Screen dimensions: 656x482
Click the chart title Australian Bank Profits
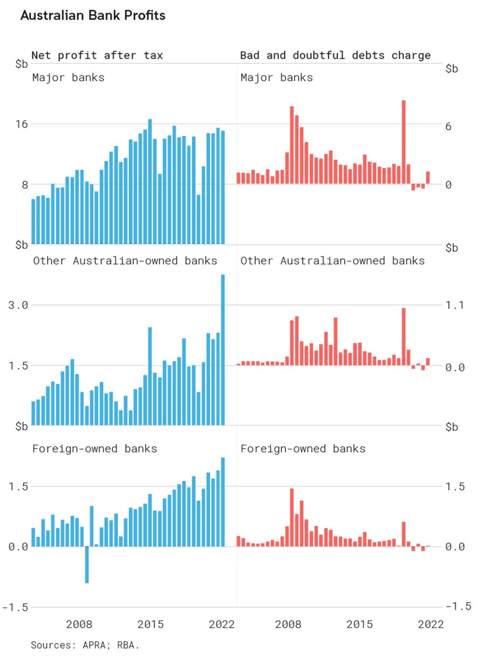(93, 15)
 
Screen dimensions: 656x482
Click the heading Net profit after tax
(97, 55)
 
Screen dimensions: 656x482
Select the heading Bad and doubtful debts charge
(335, 55)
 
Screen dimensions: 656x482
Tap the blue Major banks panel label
(68, 78)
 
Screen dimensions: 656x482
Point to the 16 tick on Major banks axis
(21, 124)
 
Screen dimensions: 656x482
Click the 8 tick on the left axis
(25, 185)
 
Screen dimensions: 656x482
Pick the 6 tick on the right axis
(448, 127)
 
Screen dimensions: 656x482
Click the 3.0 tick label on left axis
(18, 305)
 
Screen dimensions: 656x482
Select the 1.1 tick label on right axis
(454, 305)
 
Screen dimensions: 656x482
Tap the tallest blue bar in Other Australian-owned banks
(223, 350)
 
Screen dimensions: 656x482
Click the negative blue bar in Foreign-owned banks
(87, 564)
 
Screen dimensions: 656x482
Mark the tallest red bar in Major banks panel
(403, 142)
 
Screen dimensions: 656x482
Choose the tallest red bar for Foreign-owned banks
(292, 517)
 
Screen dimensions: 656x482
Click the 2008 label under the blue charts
(79, 624)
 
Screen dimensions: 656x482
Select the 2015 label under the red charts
(359, 624)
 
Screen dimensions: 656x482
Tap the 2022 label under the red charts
(430, 624)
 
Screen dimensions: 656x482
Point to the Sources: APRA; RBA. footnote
(85, 645)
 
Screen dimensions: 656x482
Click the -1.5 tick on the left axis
(15, 607)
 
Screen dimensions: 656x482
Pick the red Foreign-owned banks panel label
(303, 449)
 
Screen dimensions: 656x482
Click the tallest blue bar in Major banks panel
(150, 181)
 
